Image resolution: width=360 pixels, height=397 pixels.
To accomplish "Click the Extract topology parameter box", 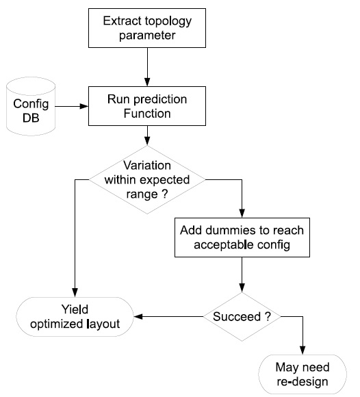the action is coord(147,28).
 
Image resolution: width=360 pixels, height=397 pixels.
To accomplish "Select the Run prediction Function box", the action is coord(147,106).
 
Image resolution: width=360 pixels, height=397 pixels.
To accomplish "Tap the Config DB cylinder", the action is coord(31,106).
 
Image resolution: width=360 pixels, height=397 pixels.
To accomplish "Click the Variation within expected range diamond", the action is coord(147,180).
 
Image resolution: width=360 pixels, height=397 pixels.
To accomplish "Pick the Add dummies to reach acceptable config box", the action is coord(242,238).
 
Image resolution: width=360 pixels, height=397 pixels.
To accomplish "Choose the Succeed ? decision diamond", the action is coord(242,316).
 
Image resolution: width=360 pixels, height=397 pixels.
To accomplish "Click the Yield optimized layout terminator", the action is coord(75,317).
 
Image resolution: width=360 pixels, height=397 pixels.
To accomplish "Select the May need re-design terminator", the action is coord(303,374).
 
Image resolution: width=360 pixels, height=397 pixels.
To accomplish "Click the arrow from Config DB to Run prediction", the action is coord(72,106).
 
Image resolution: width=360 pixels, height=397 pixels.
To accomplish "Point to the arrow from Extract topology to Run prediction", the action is coord(147,67).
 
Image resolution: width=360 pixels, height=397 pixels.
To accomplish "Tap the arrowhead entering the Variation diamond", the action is coord(147,141).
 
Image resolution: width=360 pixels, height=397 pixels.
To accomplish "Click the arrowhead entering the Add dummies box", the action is coord(242,214).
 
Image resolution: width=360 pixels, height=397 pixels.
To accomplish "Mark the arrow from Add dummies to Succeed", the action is coord(242,274).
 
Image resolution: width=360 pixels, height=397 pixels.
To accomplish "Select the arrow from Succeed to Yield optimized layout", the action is coord(168,316).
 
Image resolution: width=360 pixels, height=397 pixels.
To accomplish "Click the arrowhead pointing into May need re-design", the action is coord(303,350).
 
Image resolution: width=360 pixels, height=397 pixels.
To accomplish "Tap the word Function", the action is coord(147,114).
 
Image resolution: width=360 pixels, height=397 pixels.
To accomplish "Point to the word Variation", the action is coord(147,166).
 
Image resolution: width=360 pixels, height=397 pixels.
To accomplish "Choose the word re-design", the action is coord(303,382).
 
